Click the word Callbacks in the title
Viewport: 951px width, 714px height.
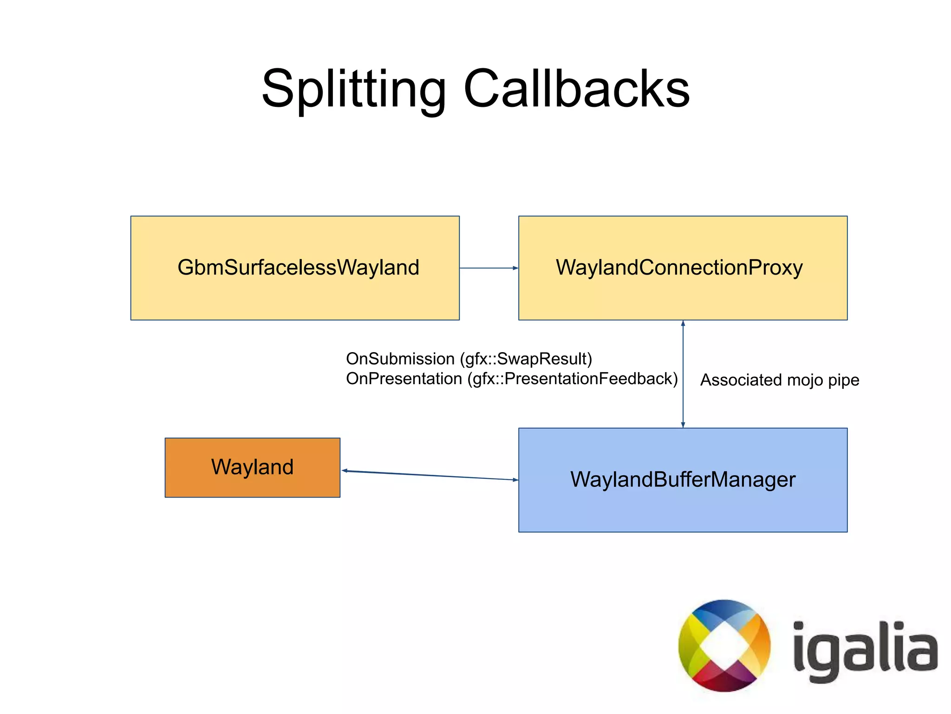point(576,89)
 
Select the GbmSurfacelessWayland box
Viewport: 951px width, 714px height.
point(295,268)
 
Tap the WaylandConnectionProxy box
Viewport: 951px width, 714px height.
point(683,268)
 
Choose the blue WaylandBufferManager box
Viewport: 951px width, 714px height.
point(683,480)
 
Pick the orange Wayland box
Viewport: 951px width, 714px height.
point(252,467)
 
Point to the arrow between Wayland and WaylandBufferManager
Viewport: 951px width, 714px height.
point(430,475)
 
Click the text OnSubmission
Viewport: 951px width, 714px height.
point(400,359)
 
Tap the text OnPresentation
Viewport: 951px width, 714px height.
point(404,379)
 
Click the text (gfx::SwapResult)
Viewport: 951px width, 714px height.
point(526,359)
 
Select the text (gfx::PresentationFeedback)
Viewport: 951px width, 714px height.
point(573,379)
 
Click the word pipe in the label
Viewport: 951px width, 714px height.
point(844,380)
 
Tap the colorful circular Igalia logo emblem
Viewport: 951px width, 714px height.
point(724,646)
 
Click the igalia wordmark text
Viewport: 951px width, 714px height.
point(865,650)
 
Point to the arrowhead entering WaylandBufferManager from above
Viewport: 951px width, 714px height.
point(683,425)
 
